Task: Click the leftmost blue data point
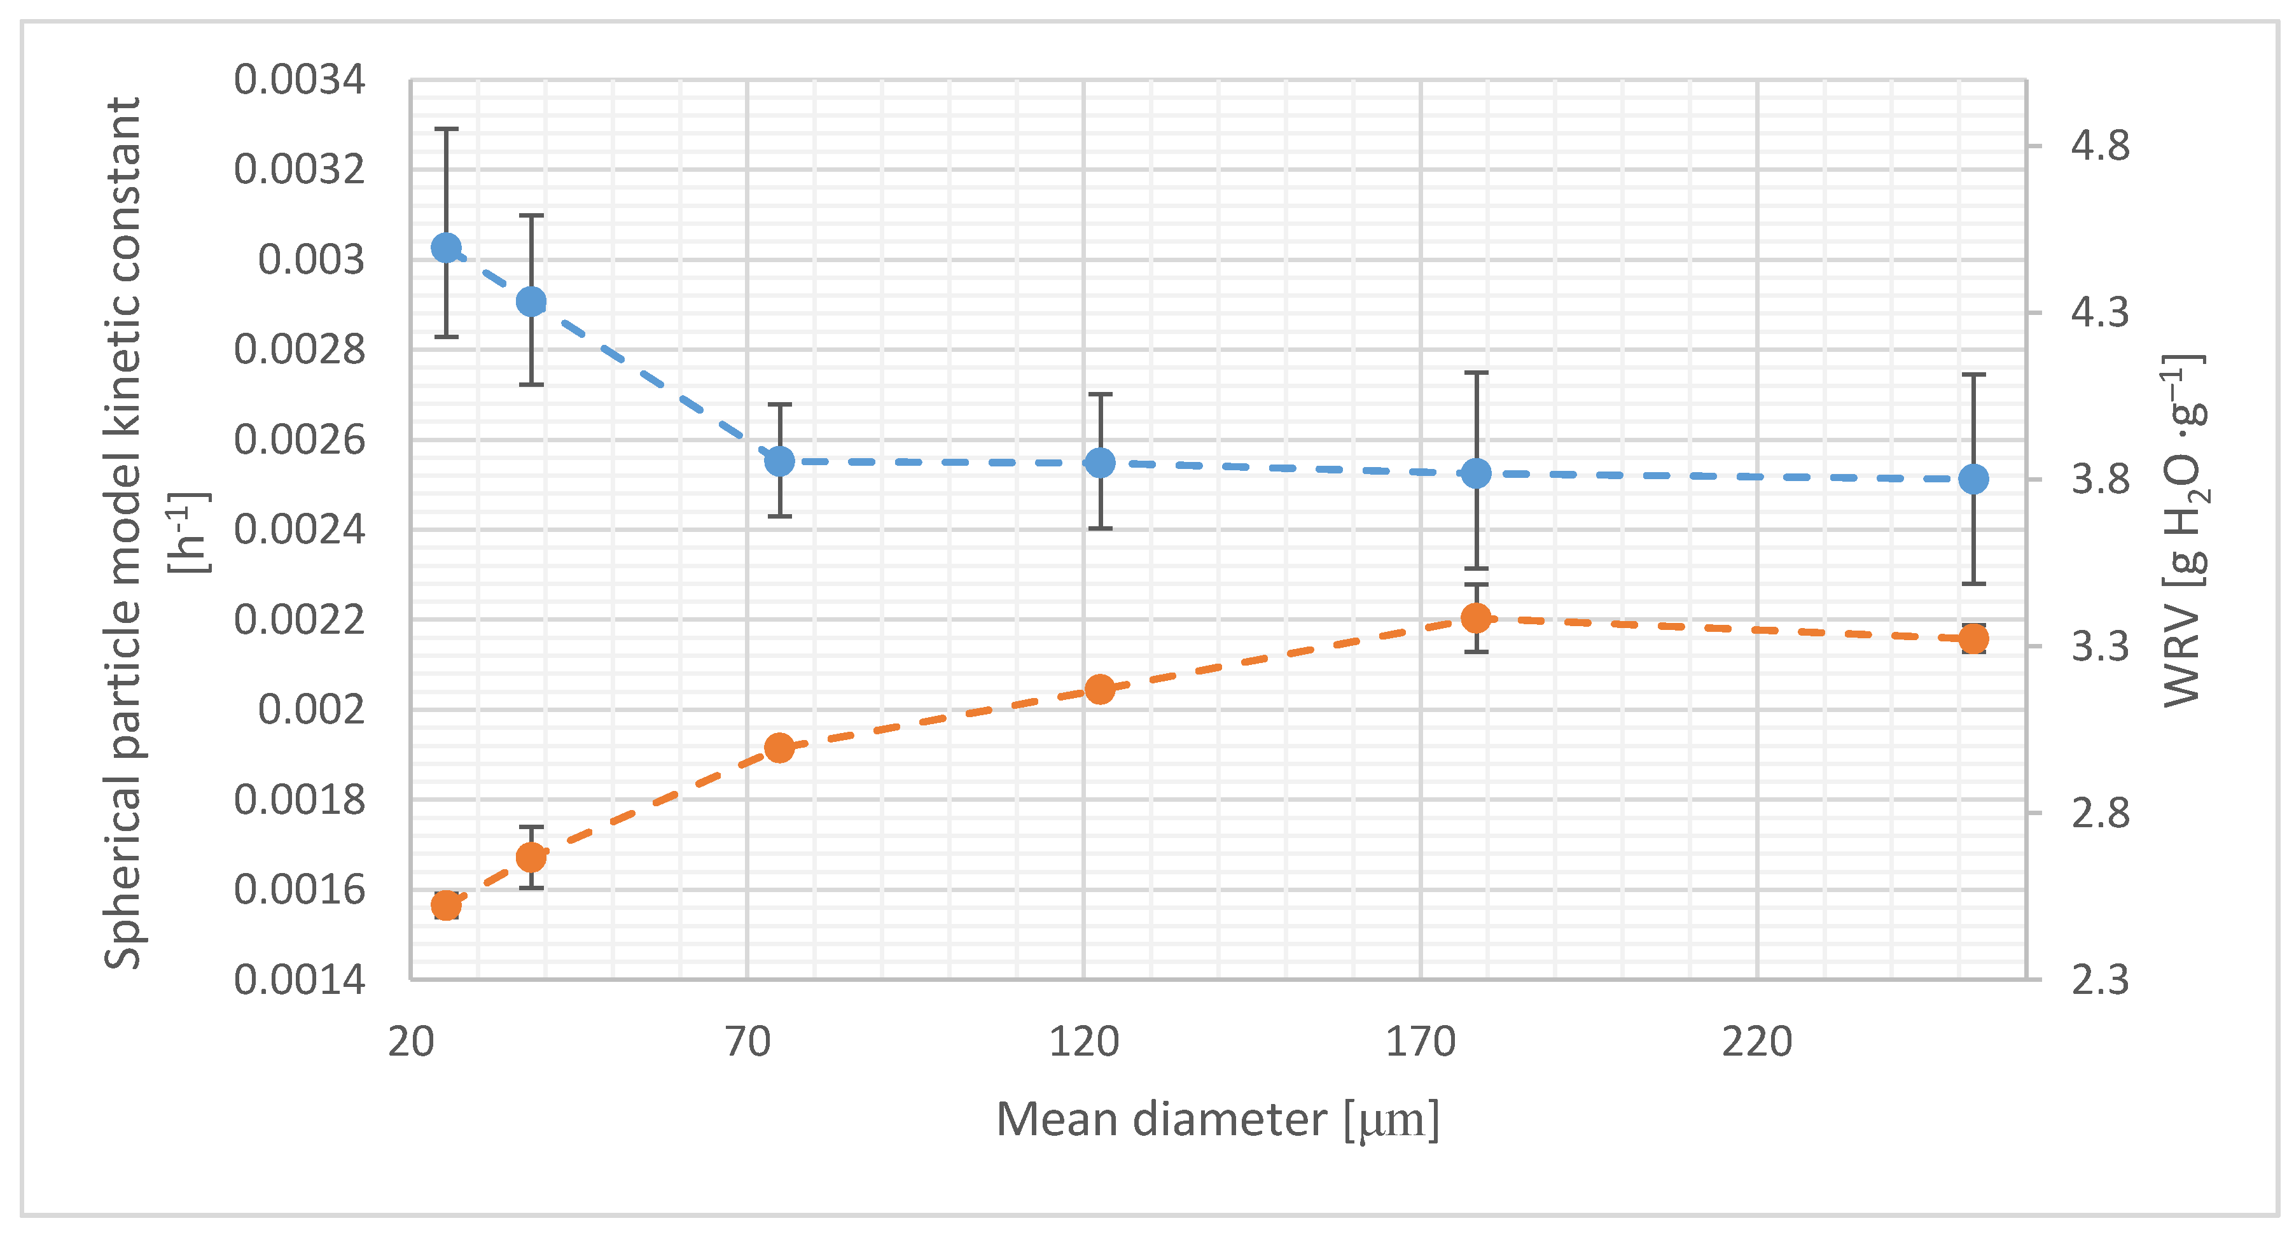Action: [x=446, y=248]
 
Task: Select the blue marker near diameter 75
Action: [x=779, y=461]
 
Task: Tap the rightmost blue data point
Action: [x=1973, y=479]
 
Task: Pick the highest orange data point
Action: [x=1477, y=617]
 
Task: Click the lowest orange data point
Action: [x=446, y=905]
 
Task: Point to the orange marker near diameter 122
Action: [x=1100, y=688]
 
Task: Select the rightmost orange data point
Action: [x=1973, y=638]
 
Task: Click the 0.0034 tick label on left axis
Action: [x=299, y=80]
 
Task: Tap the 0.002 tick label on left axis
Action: [x=311, y=709]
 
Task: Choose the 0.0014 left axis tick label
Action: [x=299, y=981]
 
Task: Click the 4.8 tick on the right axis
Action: [x=2099, y=145]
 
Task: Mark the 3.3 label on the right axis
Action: [x=2099, y=646]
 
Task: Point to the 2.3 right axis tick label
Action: [x=2099, y=981]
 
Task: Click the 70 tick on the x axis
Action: [x=747, y=1042]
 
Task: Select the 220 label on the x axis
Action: [x=1756, y=1042]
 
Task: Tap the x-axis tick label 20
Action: [x=410, y=1042]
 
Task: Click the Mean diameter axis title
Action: [x=1216, y=1119]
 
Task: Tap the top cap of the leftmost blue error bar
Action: [x=446, y=129]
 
